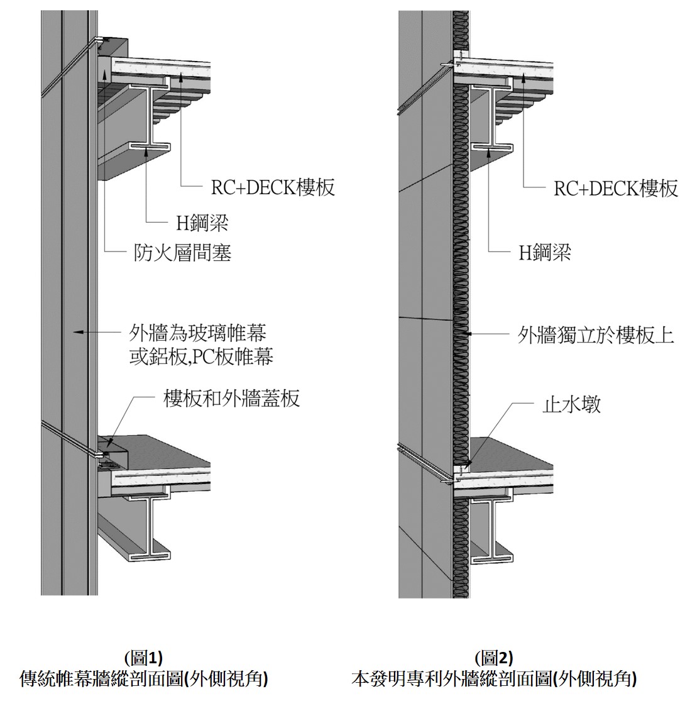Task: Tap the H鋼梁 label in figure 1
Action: point(202,223)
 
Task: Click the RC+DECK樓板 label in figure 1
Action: point(272,187)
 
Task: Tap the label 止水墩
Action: point(571,404)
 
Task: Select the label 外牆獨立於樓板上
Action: point(595,335)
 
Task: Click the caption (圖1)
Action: point(144,658)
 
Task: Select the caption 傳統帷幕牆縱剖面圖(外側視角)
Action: point(144,679)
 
